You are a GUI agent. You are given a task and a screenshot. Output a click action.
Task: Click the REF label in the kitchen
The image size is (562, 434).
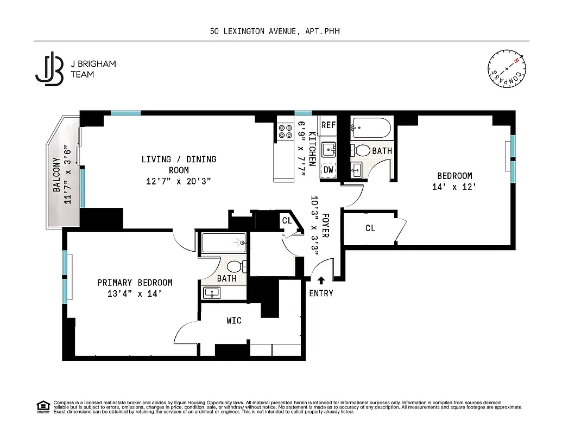pyautogui.click(x=328, y=125)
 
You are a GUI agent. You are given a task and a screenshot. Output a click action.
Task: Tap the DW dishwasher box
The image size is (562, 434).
pyautogui.click(x=328, y=170)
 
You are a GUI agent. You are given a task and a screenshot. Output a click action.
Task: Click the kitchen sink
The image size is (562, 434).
pyautogui.click(x=328, y=149)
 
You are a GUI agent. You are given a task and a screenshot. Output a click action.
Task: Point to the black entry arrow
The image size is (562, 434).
pyautogui.click(x=321, y=280)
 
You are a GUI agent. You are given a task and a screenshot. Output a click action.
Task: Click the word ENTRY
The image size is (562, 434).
pyautogui.click(x=321, y=293)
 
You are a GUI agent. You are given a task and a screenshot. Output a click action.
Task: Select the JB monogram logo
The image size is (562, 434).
pyautogui.click(x=49, y=68)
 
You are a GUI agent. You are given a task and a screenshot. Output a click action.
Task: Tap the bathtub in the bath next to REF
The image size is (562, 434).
pyautogui.click(x=371, y=128)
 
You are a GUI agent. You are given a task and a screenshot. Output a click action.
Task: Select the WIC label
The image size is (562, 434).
pyautogui.click(x=234, y=321)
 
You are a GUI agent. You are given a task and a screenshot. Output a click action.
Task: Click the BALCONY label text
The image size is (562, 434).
pyautogui.click(x=56, y=175)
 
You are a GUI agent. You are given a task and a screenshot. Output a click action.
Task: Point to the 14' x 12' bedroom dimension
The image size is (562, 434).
pyautogui.click(x=454, y=187)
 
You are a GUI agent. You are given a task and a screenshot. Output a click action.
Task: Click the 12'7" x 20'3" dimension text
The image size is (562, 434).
pyautogui.click(x=179, y=181)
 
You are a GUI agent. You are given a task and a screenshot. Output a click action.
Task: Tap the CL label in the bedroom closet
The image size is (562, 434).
pyautogui.click(x=370, y=228)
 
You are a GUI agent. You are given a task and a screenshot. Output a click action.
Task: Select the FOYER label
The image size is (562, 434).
pyautogui.click(x=325, y=225)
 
